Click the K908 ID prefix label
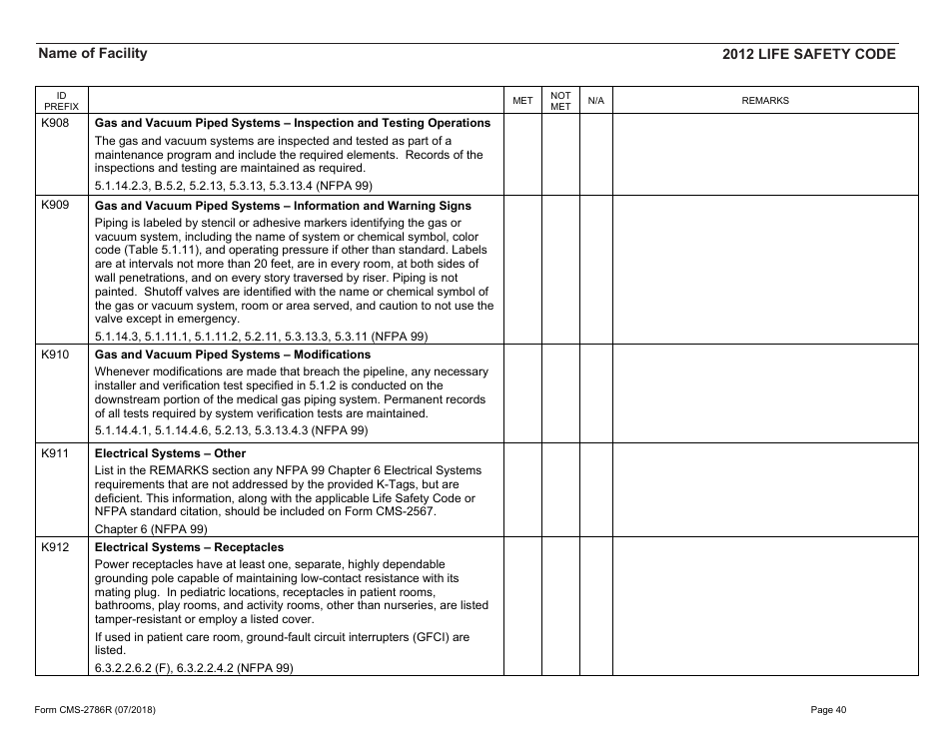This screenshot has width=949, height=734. tap(54, 123)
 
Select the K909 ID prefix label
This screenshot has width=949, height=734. tap(54, 206)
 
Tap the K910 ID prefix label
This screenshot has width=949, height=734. tap(54, 355)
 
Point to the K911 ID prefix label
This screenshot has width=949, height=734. tap(54, 453)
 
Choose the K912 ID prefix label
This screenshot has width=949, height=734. tap(54, 547)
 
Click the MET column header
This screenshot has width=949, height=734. tap(522, 101)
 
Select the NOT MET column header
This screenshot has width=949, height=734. tap(560, 101)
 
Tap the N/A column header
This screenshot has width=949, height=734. tap(595, 101)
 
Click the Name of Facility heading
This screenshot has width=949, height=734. tap(92, 54)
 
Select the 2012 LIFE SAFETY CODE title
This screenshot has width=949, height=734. tap(808, 55)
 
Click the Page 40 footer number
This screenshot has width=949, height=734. tap(828, 710)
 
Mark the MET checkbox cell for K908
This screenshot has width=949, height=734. tap(522, 154)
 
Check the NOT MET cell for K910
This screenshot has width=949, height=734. tap(560, 392)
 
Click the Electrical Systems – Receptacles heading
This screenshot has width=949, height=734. tap(189, 547)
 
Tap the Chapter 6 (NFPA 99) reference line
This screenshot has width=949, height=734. tap(151, 528)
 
